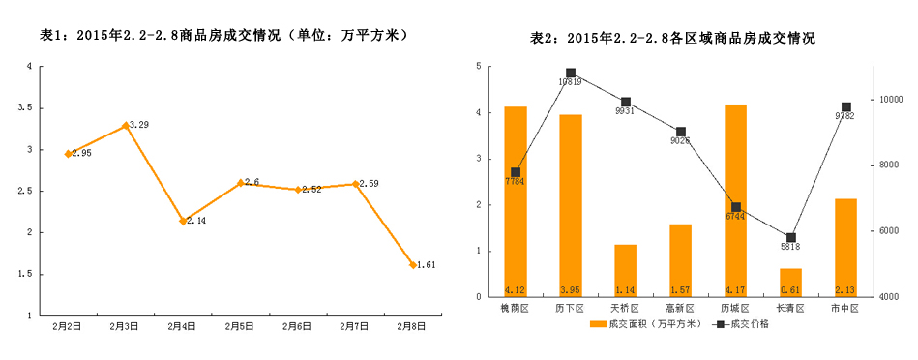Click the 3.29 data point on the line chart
[x=126, y=125]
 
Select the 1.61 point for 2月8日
[x=413, y=264]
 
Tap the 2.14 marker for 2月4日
[x=183, y=221]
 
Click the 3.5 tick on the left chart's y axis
[x=28, y=108]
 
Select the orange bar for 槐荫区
[x=516, y=201]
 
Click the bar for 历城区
[x=735, y=200]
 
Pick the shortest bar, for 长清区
[x=790, y=283]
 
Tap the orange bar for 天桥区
[x=625, y=270]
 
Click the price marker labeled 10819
[x=571, y=73]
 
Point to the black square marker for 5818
[x=791, y=237]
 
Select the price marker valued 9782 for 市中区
[x=845, y=106]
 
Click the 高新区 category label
[x=680, y=308]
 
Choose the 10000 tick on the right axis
[x=891, y=100]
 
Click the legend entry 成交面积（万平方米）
[x=644, y=324]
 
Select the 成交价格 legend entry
[x=744, y=324]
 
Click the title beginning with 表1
[x=222, y=35]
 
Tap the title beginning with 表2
[x=673, y=39]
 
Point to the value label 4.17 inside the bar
[x=735, y=289]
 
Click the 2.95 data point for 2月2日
[x=69, y=154]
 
